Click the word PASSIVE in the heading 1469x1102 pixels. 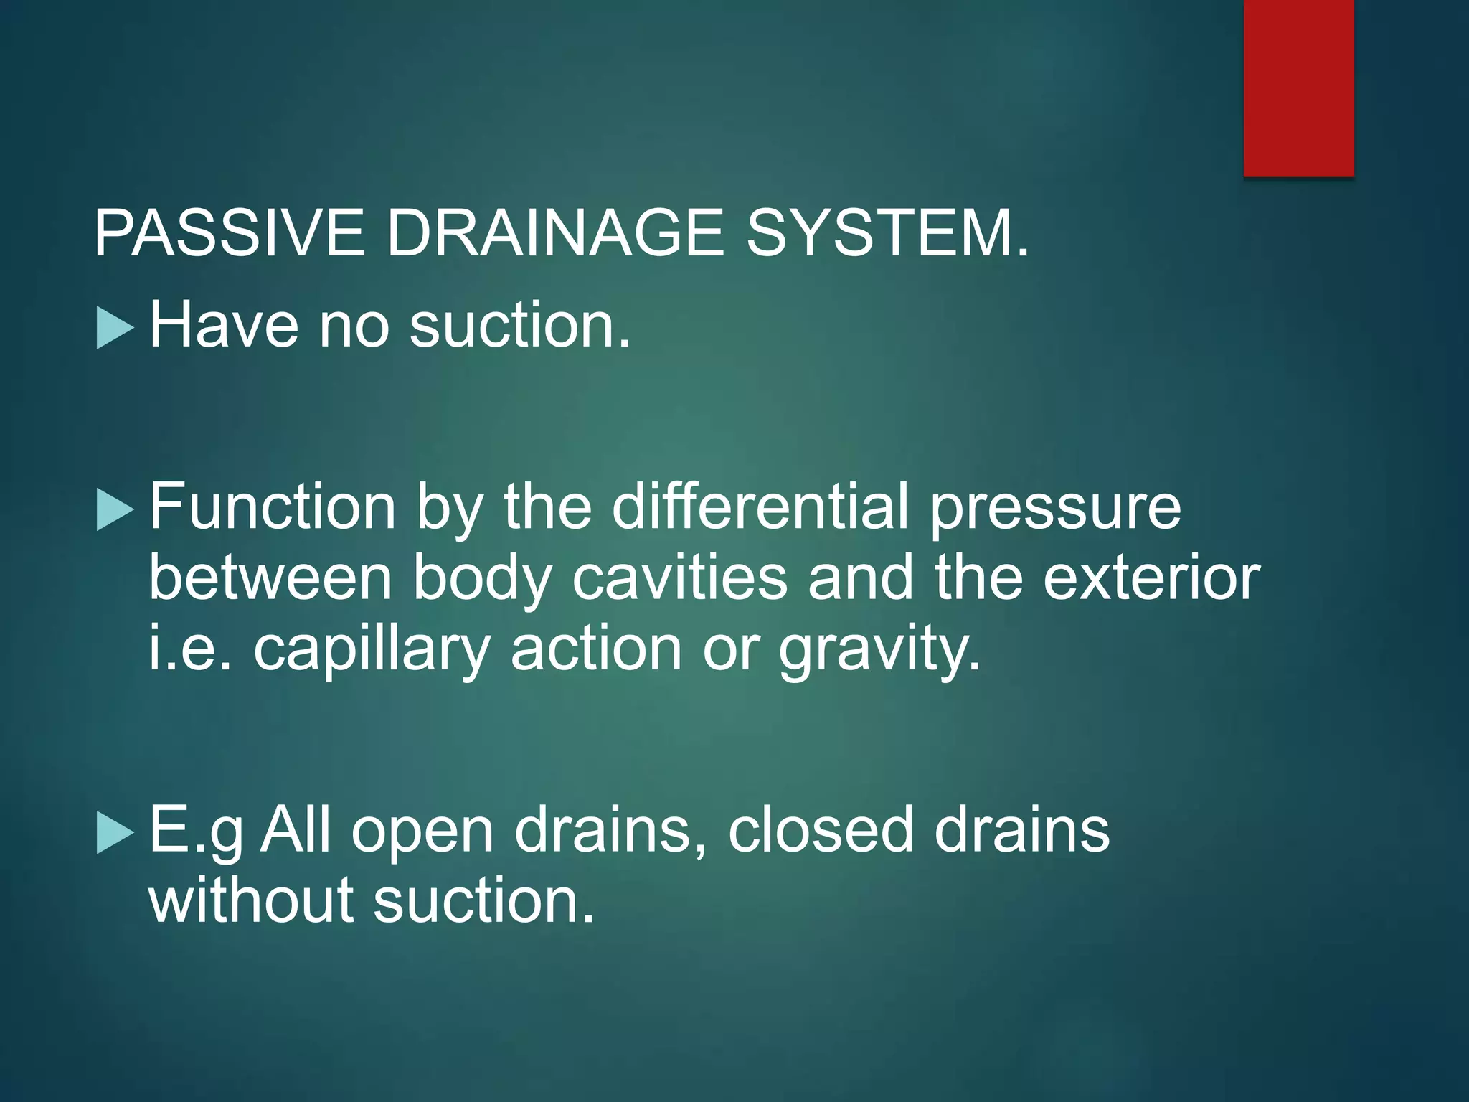pos(229,233)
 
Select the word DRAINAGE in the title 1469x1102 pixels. pos(556,233)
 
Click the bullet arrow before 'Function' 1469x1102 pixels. pos(115,510)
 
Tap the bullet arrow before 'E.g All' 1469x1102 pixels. pos(115,833)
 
